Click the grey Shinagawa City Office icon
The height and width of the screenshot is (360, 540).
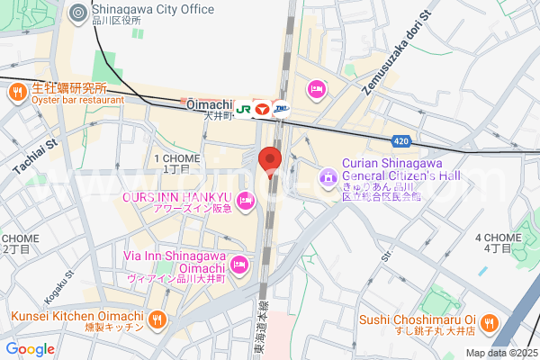tap(78, 12)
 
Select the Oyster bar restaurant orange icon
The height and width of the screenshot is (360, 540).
tap(17, 90)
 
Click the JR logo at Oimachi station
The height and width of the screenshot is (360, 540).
tap(243, 107)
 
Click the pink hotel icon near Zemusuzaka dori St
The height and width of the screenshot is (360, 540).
tap(316, 88)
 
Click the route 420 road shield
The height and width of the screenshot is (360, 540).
tap(404, 141)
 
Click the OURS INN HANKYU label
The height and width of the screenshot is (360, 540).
tap(177, 196)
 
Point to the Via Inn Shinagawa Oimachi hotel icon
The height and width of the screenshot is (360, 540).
tap(238, 264)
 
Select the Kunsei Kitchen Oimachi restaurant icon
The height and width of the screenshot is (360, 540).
tap(157, 319)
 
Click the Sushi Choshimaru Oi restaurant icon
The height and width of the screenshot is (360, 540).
tap(489, 321)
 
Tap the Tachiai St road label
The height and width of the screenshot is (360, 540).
tap(35, 157)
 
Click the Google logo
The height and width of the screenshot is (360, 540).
tap(31, 348)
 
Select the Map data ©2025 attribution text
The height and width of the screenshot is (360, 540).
tap(501, 353)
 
